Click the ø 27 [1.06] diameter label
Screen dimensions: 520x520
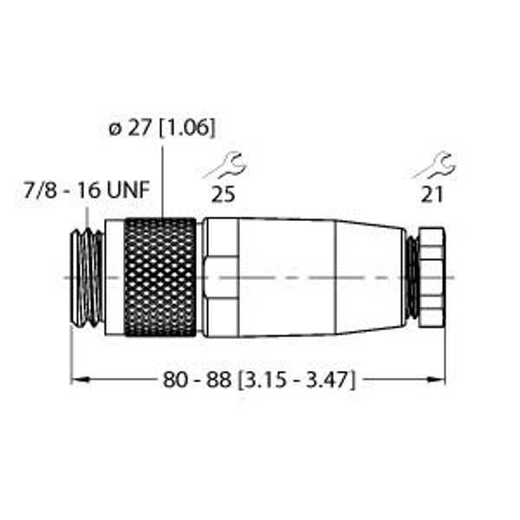tap(162, 127)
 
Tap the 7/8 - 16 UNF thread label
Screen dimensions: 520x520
tap(87, 190)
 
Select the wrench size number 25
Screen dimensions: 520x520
tap(224, 194)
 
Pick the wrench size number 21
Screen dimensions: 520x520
tap(432, 194)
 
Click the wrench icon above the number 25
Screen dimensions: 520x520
tap(225, 166)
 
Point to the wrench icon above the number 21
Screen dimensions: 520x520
tap(434, 166)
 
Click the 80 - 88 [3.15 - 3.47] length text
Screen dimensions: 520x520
tap(259, 380)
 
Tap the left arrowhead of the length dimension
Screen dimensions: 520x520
tap(80, 380)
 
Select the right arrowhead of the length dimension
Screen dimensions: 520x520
tap(436, 380)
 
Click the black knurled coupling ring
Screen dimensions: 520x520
tap(160, 277)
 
